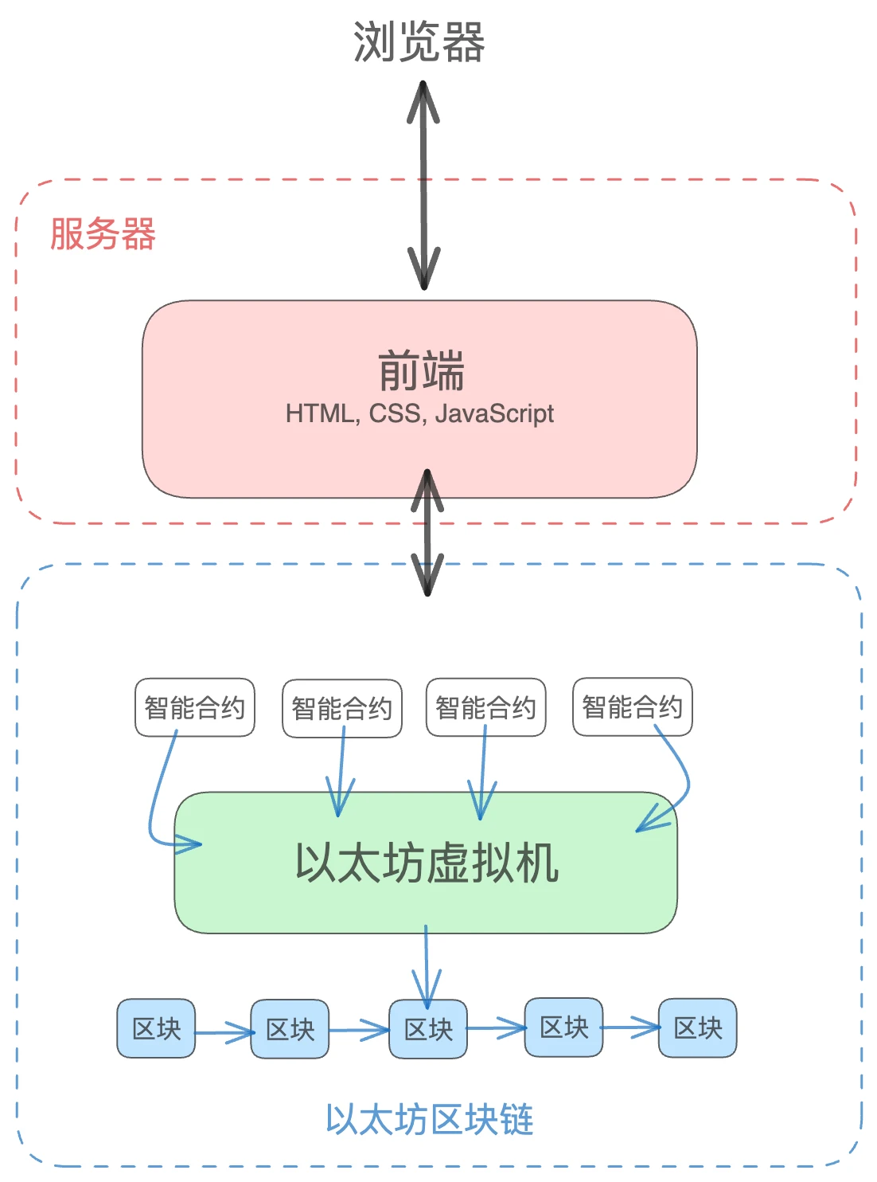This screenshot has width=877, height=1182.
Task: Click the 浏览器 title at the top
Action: pyautogui.click(x=419, y=42)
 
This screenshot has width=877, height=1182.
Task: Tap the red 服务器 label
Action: pyautogui.click(x=103, y=234)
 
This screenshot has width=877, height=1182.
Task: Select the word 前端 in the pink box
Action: pyautogui.click(x=420, y=371)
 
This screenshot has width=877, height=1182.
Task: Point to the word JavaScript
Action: pyautogui.click(x=494, y=414)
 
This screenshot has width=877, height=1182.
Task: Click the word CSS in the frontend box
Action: pyautogui.click(x=395, y=414)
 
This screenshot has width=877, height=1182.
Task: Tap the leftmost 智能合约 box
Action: pyautogui.click(x=195, y=707)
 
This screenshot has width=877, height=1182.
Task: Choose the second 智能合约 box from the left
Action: pyautogui.click(x=342, y=708)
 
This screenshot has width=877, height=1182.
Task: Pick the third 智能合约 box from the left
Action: pyautogui.click(x=486, y=707)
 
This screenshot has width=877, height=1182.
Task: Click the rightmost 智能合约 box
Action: pyautogui.click(x=633, y=706)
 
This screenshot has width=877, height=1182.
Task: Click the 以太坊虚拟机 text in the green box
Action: pyautogui.click(x=427, y=863)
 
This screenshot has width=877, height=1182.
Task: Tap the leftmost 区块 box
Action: pyautogui.click(x=156, y=1028)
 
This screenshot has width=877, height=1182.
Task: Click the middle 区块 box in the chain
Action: pyautogui.click(x=428, y=1029)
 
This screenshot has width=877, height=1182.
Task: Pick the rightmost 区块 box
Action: pyautogui.click(x=698, y=1027)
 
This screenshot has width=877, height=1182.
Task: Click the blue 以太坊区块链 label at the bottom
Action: pyautogui.click(x=430, y=1120)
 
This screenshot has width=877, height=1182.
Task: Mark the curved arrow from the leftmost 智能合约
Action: pyautogui.click(x=157, y=796)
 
